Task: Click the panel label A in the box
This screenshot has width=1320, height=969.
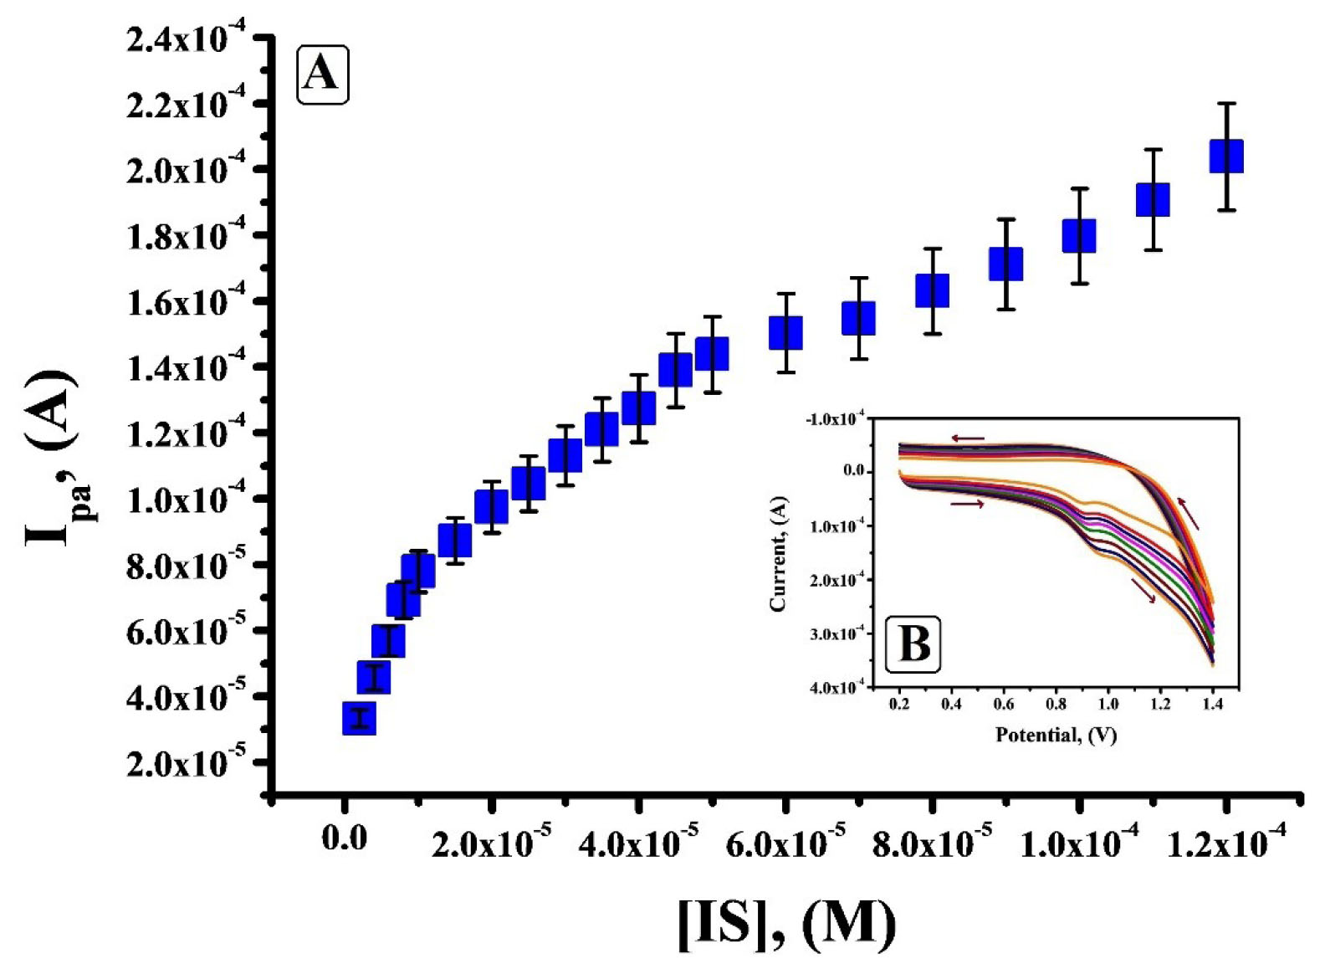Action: [x=322, y=74]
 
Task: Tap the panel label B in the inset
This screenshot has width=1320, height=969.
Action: [x=913, y=644]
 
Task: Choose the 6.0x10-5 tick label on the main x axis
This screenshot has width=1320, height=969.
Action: [x=785, y=843]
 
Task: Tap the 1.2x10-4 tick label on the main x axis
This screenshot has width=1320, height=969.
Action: [x=1225, y=843]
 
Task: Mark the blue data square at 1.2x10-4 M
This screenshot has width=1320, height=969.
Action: [x=1226, y=156]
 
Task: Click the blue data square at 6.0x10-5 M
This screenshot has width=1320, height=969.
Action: [x=785, y=333]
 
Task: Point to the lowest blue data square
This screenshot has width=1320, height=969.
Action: [x=359, y=718]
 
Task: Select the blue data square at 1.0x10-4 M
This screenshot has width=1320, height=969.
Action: [x=1079, y=236]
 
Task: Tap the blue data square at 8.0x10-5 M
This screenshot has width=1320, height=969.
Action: [x=932, y=290]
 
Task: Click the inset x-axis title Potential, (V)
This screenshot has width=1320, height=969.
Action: [x=1056, y=736]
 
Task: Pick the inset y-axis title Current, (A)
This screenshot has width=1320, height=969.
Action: [x=778, y=554]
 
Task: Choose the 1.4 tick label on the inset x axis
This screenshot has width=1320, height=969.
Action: [x=1212, y=705]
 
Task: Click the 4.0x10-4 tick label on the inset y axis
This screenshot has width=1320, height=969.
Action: [x=836, y=688]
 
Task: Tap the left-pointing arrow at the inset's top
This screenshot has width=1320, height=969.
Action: [x=967, y=438]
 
